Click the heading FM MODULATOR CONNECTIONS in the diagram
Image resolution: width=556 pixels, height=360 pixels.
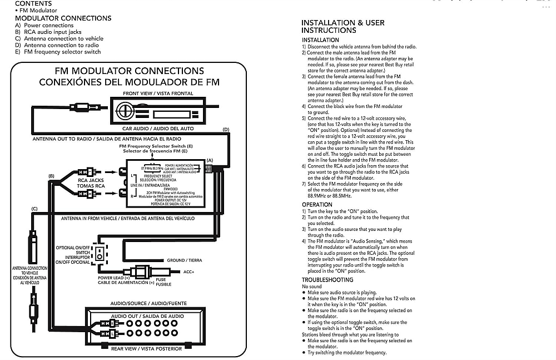[129, 71]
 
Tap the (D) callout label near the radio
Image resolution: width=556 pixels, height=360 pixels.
[225, 130]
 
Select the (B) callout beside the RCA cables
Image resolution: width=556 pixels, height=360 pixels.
[52, 176]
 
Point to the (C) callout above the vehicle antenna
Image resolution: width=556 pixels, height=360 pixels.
[34, 209]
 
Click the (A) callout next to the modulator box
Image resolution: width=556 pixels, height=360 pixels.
[209, 160]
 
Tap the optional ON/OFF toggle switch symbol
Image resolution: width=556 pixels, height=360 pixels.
[100, 254]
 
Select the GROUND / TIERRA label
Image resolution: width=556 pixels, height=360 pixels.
[185, 260]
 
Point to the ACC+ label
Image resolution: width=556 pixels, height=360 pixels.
[190, 272]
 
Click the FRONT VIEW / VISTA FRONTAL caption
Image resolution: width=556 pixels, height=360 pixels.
[158, 93]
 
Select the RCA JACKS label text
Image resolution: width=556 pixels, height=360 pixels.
[91, 180]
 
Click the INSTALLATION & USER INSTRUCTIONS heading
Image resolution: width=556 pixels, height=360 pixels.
[342, 26]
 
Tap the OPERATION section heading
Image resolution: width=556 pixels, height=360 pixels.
[317, 205]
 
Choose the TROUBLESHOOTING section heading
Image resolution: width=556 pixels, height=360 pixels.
[327, 280]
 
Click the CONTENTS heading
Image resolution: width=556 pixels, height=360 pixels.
[33, 3]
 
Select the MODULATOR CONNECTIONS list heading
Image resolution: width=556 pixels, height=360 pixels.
[63, 18]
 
